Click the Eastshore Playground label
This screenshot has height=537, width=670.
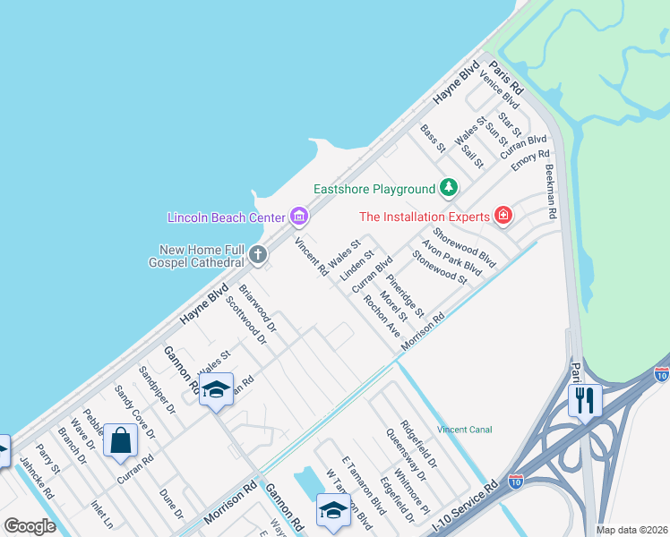coord(374,189)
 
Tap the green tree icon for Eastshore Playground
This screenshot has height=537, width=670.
coord(449,188)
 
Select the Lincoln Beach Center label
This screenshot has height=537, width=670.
coord(226,217)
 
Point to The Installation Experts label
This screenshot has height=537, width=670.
coord(425,217)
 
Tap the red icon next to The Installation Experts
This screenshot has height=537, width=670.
coord(503,216)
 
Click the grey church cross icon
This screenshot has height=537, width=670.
coord(258,255)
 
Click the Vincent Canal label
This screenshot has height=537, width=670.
coord(464,430)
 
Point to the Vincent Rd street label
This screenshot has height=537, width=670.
coord(309,257)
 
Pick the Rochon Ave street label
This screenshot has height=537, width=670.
coord(382,317)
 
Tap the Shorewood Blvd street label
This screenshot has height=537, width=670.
coord(465,245)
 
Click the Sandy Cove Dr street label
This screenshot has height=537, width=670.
coord(134,412)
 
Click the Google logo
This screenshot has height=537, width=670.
coord(30,526)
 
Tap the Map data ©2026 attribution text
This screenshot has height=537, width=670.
coord(631,530)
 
